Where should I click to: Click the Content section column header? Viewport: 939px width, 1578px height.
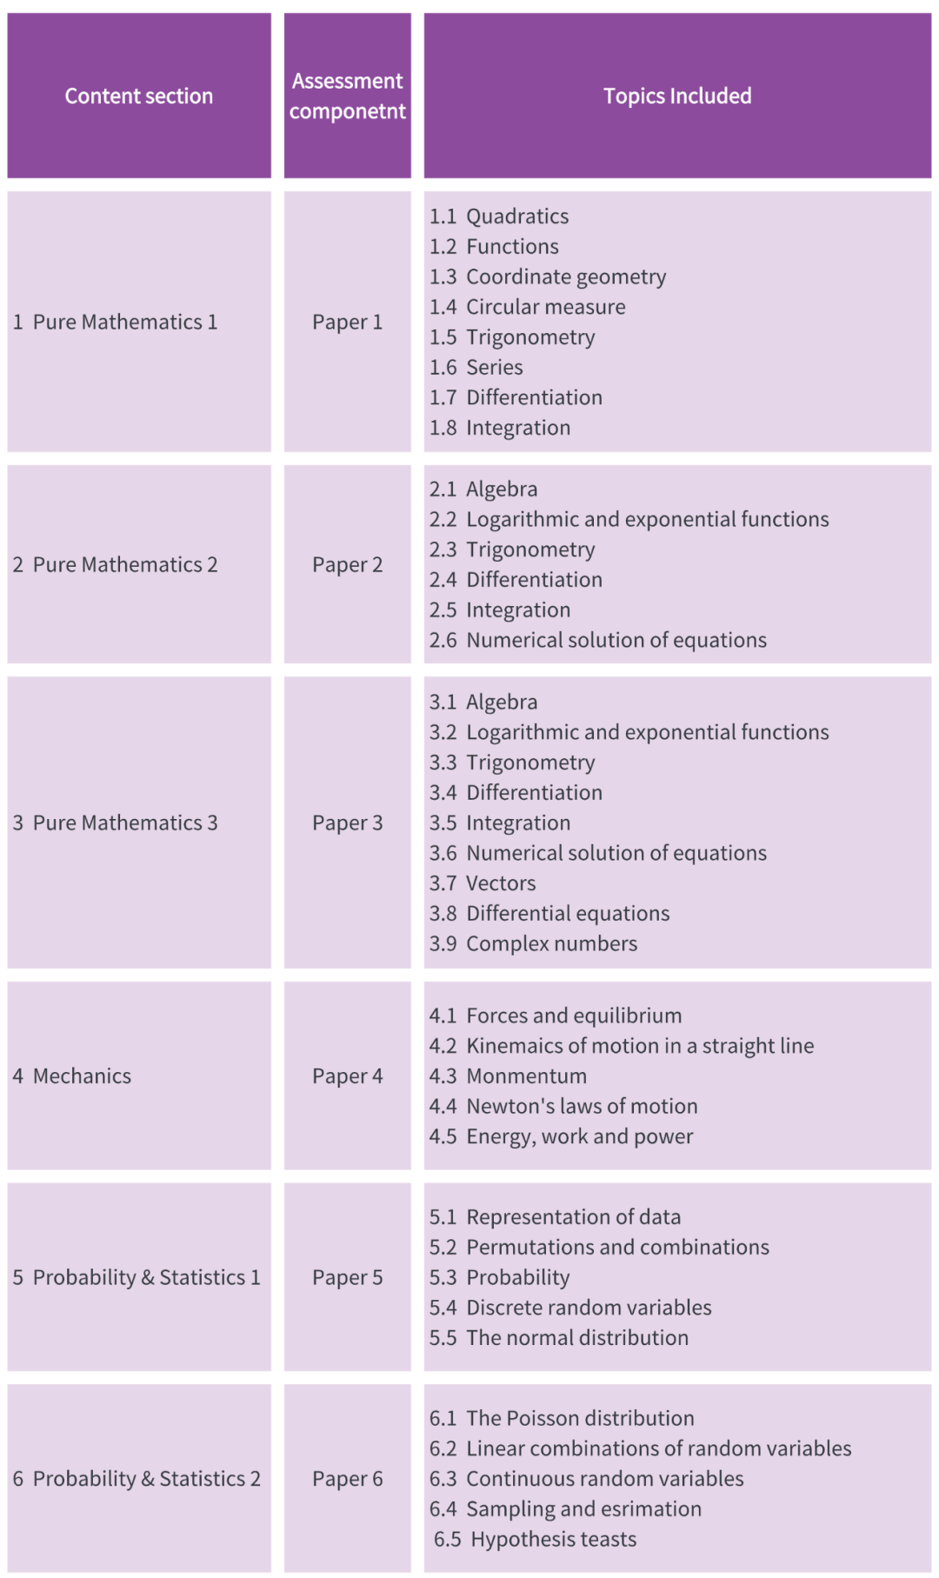click(139, 96)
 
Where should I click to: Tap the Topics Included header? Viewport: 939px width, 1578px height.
click(677, 96)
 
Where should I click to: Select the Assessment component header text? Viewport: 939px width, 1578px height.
click(347, 96)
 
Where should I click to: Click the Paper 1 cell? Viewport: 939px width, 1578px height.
click(347, 322)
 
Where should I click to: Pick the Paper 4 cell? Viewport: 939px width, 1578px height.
click(347, 1075)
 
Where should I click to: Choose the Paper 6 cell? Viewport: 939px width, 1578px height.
click(347, 1478)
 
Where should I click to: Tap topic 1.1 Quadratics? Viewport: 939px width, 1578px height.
click(499, 216)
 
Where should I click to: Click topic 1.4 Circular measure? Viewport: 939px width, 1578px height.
click(527, 306)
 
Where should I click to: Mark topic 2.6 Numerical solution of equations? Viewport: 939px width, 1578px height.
click(598, 640)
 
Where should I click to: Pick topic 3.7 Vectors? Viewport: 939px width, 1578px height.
click(483, 882)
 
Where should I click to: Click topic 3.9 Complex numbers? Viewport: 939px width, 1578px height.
click(533, 943)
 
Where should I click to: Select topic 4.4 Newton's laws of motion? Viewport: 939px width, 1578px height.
click(563, 1106)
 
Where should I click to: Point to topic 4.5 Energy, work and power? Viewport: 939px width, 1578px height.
click(561, 1136)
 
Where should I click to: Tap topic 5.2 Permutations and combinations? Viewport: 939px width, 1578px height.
click(599, 1247)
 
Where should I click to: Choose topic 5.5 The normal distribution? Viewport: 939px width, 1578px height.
click(558, 1337)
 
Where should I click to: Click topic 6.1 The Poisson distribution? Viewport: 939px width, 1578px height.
click(562, 1418)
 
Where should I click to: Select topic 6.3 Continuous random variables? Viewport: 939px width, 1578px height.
click(586, 1478)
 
